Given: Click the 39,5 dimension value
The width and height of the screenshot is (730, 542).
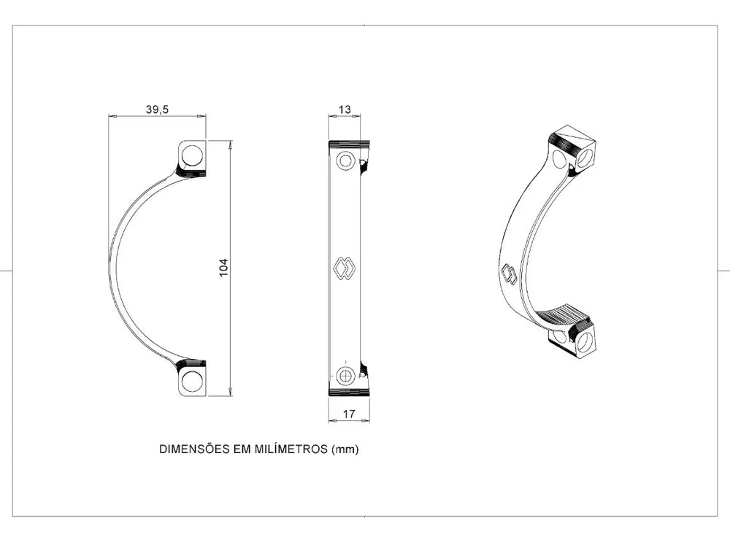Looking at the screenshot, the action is (x=157, y=109).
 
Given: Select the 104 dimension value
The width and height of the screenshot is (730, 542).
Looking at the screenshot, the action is (x=224, y=268).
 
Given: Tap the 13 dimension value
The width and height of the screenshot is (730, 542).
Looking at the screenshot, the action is (x=345, y=109).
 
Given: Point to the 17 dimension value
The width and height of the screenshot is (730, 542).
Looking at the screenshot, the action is (x=349, y=414).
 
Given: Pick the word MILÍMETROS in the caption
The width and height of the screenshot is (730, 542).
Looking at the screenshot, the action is (x=291, y=449).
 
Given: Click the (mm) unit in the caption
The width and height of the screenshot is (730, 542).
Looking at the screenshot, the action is (x=345, y=449).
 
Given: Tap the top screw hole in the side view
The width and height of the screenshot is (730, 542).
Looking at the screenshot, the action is (x=192, y=155).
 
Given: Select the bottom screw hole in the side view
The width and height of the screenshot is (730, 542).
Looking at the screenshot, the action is (x=192, y=382).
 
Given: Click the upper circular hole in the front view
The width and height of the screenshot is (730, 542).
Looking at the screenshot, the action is (x=345, y=161).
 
